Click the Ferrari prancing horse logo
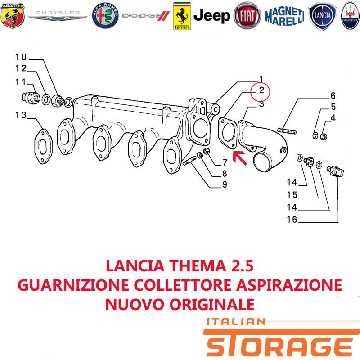pos(182,16)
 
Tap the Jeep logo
pos(211,16)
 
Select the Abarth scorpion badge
pos(13,16)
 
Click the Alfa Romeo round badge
pos(105,16)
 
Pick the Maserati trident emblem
pos(350,16)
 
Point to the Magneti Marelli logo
pos(285,16)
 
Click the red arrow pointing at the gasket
pos(240,158)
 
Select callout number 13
pos(21,115)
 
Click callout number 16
pos(292,220)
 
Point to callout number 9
pos(225,184)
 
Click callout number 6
pos(333,95)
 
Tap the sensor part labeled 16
pos(336,171)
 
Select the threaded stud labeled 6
pos(287,131)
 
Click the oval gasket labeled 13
pos(43,147)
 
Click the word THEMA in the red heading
pos(198,266)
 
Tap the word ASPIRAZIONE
pos(289,285)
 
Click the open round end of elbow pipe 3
pos(263,163)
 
